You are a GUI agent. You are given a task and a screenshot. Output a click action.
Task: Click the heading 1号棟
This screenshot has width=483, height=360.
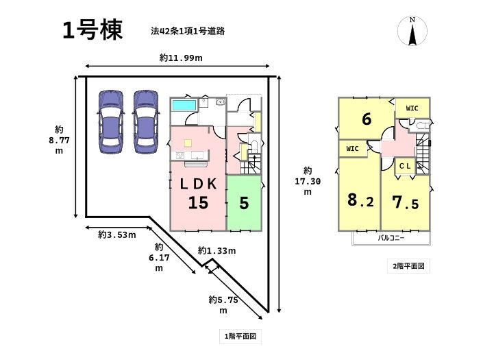[92, 30]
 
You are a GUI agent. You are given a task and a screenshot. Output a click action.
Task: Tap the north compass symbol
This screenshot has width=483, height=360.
[412, 32]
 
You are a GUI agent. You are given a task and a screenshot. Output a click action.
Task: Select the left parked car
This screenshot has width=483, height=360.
[110, 121]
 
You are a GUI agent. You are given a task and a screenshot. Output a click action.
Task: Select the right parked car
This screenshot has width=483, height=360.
[145, 121]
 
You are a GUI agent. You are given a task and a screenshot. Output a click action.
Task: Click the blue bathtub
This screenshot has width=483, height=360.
[184, 106]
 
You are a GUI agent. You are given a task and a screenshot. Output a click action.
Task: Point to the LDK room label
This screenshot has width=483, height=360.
[199, 184]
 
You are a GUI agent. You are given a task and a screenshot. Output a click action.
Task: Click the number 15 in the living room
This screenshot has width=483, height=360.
[199, 203]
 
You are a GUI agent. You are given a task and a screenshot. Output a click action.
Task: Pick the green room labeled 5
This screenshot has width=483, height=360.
[245, 203]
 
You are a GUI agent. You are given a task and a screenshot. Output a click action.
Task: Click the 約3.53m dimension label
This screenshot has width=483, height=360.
[116, 235]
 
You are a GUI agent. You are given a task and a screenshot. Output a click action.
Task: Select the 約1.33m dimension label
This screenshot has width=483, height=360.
[217, 250]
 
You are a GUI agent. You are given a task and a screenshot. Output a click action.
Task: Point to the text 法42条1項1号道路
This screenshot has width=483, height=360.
[189, 31]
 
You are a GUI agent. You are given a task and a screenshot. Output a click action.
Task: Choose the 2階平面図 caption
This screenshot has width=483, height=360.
[410, 265]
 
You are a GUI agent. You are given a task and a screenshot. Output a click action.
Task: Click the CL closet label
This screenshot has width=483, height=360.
[405, 165]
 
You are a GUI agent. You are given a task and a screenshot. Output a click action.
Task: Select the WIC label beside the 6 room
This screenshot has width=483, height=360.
[412, 108]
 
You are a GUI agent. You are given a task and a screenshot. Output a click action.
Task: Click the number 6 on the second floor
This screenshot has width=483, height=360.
[367, 119]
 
